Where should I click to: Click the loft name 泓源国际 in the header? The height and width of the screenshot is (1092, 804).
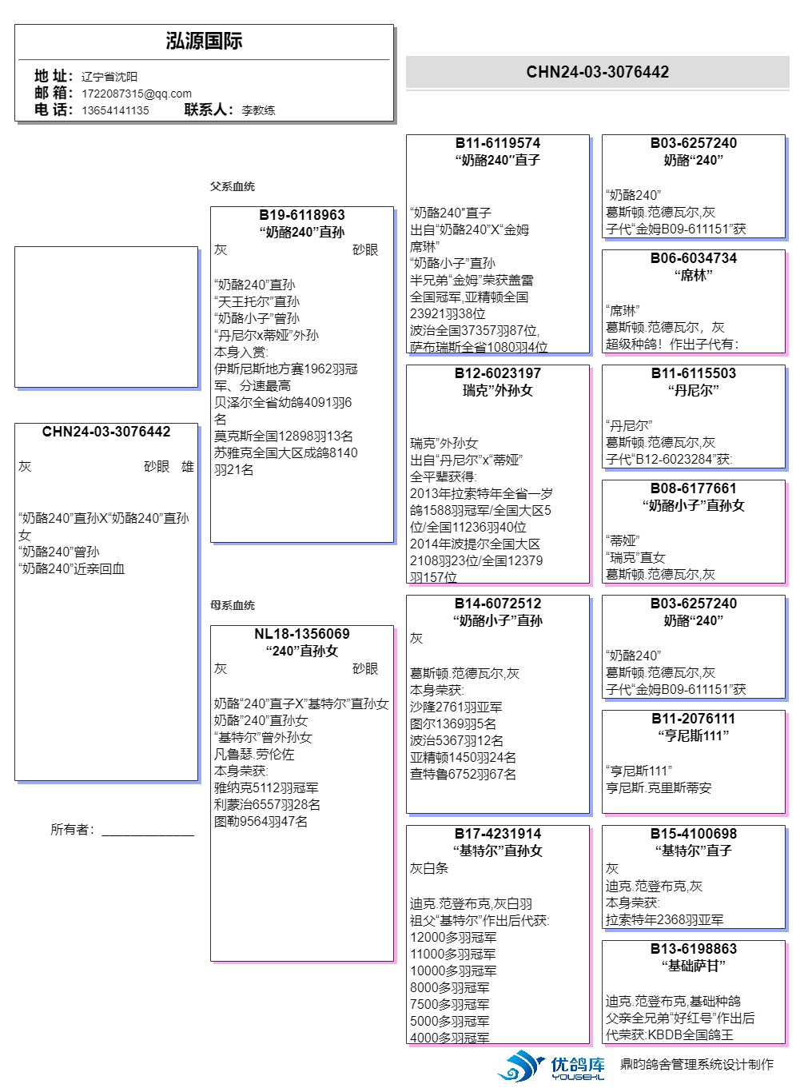tap(204, 42)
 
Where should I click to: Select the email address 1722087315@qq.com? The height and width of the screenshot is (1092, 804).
tap(137, 94)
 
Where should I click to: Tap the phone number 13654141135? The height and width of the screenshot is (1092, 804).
tap(115, 110)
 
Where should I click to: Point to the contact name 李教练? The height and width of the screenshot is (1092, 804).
tap(258, 110)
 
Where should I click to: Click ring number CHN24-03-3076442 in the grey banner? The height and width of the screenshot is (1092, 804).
tap(597, 72)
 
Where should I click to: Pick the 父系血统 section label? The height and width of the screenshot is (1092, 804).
tap(233, 186)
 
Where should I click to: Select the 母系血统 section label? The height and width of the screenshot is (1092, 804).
tap(233, 605)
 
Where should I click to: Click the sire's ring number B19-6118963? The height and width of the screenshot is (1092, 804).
tap(302, 215)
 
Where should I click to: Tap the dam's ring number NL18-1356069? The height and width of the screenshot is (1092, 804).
tap(302, 634)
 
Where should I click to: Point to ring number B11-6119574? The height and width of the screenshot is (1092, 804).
tap(498, 143)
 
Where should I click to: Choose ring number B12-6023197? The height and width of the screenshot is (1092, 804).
tap(498, 373)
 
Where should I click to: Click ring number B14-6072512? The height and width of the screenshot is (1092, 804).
tap(498, 604)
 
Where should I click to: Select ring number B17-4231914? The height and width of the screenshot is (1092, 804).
tap(498, 834)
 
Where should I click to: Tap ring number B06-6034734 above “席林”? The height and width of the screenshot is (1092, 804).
tap(694, 258)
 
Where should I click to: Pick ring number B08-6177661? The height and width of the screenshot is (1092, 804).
tap(694, 488)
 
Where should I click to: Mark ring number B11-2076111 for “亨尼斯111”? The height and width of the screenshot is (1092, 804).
tap(694, 719)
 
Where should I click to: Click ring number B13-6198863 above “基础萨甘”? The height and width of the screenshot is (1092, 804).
tap(694, 949)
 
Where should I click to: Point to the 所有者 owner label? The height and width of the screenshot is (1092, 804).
tap(72, 830)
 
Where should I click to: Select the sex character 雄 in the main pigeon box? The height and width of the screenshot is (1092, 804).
tap(188, 467)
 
